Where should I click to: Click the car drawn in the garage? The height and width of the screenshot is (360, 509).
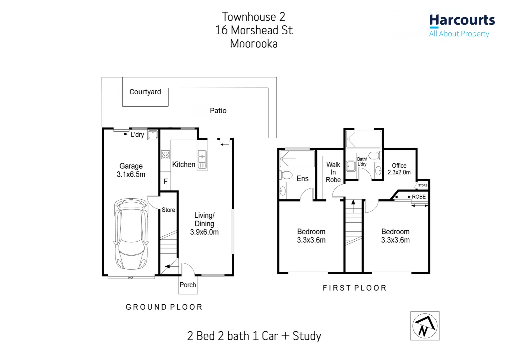click(x=131, y=234)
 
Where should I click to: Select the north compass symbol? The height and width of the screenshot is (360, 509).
click(x=425, y=326)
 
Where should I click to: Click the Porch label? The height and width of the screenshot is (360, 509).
click(x=188, y=285)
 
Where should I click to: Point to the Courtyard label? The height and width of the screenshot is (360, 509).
click(x=145, y=92)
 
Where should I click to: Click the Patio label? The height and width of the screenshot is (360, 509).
click(x=218, y=111)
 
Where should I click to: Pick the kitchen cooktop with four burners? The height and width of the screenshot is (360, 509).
click(x=166, y=155)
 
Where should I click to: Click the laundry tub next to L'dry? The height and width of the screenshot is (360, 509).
click(x=153, y=135)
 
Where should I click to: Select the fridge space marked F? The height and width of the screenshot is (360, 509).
click(x=166, y=182)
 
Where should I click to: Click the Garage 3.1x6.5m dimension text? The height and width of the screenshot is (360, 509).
click(x=131, y=174)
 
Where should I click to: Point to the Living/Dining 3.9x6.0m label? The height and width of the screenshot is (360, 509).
click(x=204, y=224)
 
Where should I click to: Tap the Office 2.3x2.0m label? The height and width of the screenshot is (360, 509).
click(x=399, y=169)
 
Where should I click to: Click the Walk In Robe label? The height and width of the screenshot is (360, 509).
click(x=333, y=172)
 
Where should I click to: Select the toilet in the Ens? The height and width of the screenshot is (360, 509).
click(x=286, y=175)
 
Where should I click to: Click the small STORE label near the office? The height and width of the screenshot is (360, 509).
click(x=423, y=185)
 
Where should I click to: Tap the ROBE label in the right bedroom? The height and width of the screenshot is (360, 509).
click(x=419, y=197)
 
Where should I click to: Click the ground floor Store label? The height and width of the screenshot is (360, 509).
click(x=168, y=210)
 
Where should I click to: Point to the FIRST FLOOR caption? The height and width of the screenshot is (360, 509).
click(x=354, y=288)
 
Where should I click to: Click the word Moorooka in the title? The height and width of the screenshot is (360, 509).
click(x=254, y=44)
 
